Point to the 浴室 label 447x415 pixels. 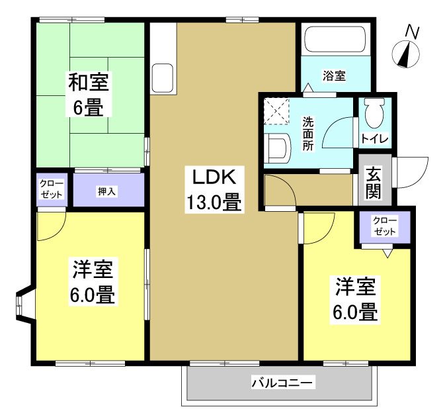(334, 75)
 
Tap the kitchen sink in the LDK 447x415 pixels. (162, 79)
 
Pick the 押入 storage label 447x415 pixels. (108, 191)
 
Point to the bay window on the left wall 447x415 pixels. (23, 305)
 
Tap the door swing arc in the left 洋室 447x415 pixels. (52, 226)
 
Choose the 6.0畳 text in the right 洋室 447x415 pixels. (357, 311)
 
